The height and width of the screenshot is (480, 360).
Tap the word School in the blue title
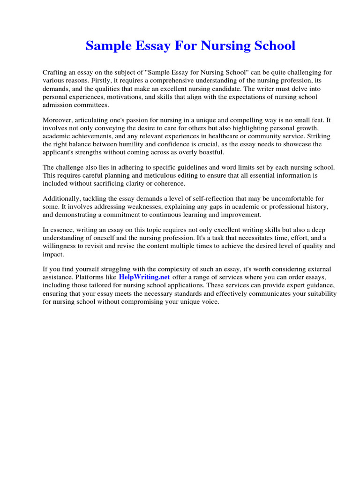274,46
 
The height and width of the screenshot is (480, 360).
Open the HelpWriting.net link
145,277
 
